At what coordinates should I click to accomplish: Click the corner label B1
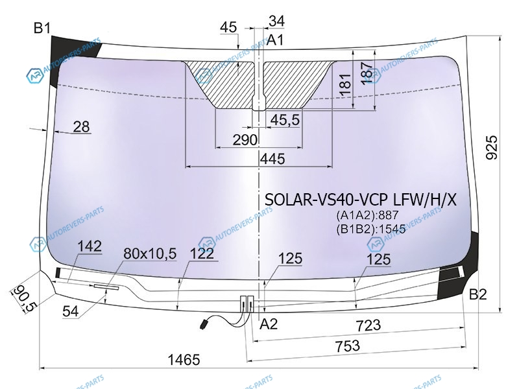click(x=42, y=28)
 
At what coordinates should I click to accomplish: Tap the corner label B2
click(x=478, y=294)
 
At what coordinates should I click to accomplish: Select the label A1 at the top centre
click(x=275, y=40)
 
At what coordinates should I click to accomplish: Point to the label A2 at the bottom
click(x=269, y=324)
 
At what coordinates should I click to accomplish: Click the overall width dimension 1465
click(x=184, y=360)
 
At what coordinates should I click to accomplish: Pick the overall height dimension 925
click(x=492, y=147)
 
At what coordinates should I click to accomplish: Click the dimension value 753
click(x=348, y=346)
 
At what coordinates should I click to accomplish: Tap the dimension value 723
click(x=368, y=325)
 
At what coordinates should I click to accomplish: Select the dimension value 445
click(x=272, y=159)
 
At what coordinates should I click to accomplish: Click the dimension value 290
click(x=245, y=140)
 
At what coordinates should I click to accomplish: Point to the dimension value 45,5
click(x=285, y=120)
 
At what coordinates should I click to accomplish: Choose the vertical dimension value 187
click(x=367, y=73)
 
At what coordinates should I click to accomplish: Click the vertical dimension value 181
click(x=345, y=85)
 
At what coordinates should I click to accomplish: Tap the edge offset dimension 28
click(x=82, y=126)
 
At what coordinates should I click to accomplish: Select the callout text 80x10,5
click(x=150, y=253)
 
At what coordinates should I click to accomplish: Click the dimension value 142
click(x=90, y=246)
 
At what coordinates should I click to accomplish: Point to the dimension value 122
click(x=202, y=253)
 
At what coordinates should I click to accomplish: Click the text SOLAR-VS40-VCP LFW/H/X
click(x=361, y=200)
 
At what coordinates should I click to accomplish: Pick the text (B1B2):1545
click(x=371, y=229)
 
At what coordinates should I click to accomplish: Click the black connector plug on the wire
click(x=203, y=324)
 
